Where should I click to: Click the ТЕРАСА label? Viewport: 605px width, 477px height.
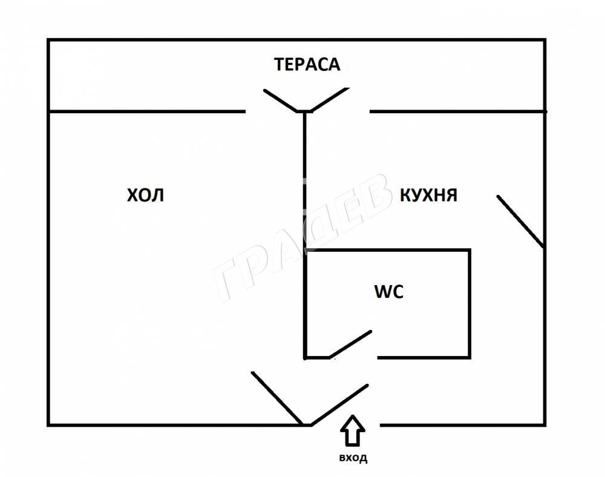(307, 64)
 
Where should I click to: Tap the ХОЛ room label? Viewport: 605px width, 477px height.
(145, 196)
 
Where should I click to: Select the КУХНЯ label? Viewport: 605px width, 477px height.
(428, 196)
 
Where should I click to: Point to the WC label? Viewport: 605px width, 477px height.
(389, 292)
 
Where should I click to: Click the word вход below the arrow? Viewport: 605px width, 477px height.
(353, 458)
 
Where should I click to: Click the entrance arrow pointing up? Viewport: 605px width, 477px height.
(352, 430)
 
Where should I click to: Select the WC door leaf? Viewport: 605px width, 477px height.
(350, 344)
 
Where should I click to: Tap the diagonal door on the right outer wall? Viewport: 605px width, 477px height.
(520, 222)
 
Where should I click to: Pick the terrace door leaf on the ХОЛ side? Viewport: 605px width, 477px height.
(281, 100)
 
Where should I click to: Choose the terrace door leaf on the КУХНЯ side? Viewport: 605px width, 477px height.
(330, 99)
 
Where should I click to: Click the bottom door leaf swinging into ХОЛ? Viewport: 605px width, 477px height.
(277, 398)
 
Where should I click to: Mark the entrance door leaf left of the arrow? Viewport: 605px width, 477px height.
(339, 405)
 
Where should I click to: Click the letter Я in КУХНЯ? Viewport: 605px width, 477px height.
(451, 196)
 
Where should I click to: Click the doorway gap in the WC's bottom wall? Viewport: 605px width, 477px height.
(353, 358)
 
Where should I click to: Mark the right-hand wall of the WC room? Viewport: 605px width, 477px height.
(469, 304)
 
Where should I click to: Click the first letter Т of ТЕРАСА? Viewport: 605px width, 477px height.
(279, 64)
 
